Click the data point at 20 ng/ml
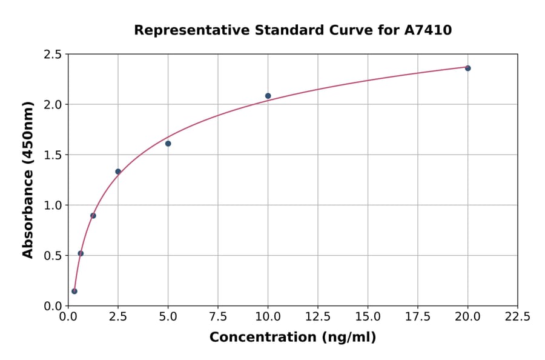tap(467, 68)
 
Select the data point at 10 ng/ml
tap(268, 96)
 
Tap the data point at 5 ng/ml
tap(168, 144)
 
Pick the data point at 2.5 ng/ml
tap(118, 172)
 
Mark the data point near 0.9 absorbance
tap(93, 216)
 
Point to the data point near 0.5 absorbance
tap(81, 253)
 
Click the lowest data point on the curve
tap(74, 291)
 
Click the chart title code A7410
tap(428, 30)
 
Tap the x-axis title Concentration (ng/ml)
tap(292, 337)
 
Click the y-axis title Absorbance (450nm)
tap(28, 179)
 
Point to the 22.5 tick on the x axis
tap(517, 316)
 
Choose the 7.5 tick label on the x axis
tap(218, 316)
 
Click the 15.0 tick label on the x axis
tap(368, 316)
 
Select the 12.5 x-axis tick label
tap(318, 316)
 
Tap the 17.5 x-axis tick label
tap(418, 316)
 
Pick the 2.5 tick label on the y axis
tap(53, 55)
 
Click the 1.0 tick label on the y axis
tap(53, 205)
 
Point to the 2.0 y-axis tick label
tap(53, 105)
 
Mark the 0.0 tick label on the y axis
tap(53, 306)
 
